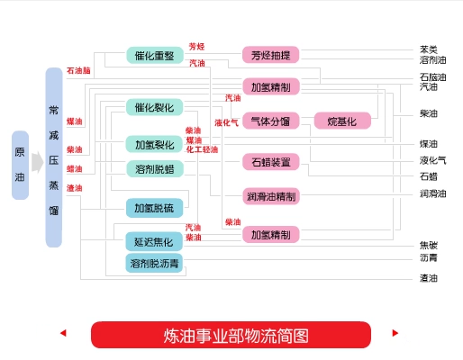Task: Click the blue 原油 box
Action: point(20,165)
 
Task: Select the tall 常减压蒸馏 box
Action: point(54,157)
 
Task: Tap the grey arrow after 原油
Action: point(38,163)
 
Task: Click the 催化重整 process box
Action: point(155,55)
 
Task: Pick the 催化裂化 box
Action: point(154,107)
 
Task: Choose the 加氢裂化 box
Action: point(154,145)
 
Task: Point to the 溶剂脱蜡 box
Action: point(155,169)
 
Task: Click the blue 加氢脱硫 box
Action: point(154,208)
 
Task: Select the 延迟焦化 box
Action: point(154,241)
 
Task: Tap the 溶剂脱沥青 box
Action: point(154,264)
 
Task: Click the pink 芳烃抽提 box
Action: point(271,55)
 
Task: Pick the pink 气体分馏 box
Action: point(271,121)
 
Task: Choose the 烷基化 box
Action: point(342,121)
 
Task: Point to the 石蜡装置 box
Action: point(271,162)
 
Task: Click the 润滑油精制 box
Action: point(271,196)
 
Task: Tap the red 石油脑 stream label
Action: point(78,70)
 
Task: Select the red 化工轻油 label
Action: point(202,149)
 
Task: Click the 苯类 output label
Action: point(429,49)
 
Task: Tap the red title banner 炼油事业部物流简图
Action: point(231,335)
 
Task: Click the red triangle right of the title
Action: point(395,333)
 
